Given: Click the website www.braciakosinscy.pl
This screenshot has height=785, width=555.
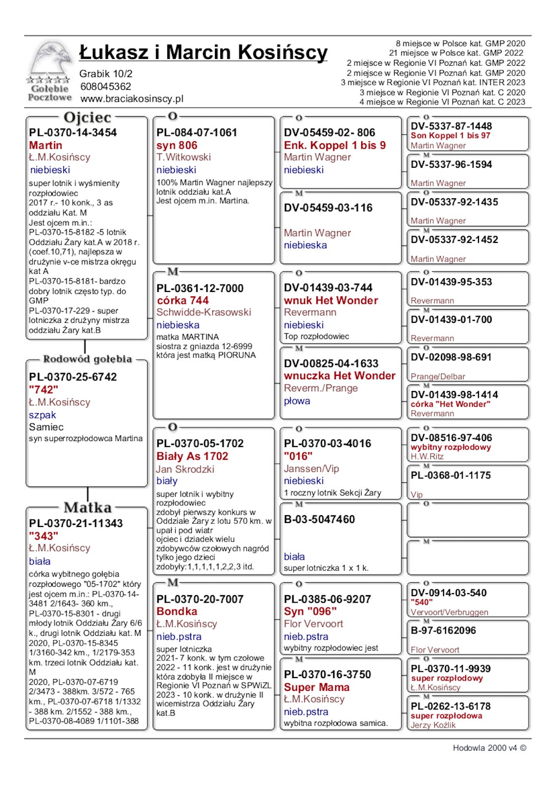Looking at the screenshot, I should pyautogui.click(x=132, y=99).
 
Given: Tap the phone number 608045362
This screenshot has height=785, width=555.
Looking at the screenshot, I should pyautogui.click(x=106, y=86).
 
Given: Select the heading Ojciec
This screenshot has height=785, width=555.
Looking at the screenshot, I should pyautogui.click(x=87, y=118).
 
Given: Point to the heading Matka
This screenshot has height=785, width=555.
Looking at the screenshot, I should pyautogui.click(x=87, y=507).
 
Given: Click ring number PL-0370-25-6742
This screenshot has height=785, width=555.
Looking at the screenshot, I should pyautogui.click(x=73, y=377).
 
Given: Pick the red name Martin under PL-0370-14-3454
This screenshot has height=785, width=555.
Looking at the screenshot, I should pyautogui.click(x=45, y=145).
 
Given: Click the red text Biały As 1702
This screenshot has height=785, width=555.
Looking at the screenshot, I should pyautogui.click(x=192, y=456).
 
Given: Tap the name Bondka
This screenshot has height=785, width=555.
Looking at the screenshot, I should pyautogui.click(x=177, y=611).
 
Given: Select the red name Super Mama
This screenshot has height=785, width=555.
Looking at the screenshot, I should pyautogui.click(x=317, y=687).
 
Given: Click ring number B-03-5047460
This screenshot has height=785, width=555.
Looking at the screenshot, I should pyautogui.click(x=319, y=519).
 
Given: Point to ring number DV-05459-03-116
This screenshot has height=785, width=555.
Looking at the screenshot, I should pyautogui.click(x=328, y=208).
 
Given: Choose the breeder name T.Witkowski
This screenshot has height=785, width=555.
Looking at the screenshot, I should pyautogui.click(x=184, y=157).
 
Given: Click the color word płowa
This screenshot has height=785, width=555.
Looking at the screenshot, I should pyautogui.click(x=297, y=401).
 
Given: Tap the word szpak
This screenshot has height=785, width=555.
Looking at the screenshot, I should pyautogui.click(x=42, y=415).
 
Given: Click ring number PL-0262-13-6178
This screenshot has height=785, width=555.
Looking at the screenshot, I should pyautogui.click(x=450, y=706).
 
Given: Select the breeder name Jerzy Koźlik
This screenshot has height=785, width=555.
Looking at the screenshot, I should pyautogui.click(x=433, y=725).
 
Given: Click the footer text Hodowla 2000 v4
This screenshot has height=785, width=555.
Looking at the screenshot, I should pyautogui.click(x=485, y=748).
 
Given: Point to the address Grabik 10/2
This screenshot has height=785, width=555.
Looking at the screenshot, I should pyautogui.click(x=106, y=74).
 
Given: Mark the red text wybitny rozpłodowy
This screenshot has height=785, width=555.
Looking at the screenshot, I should pyautogui.click(x=450, y=447).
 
